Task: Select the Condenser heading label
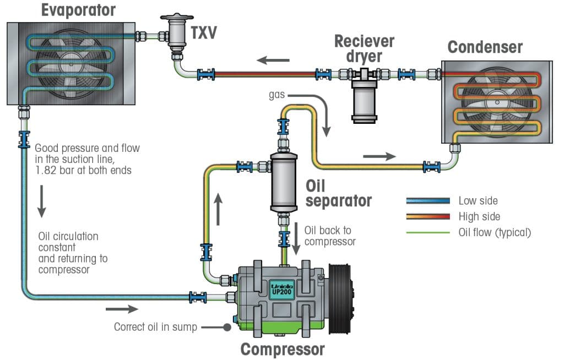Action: (485, 47)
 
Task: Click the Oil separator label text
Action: (338, 192)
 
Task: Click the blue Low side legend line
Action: (427, 201)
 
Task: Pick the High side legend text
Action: (479, 216)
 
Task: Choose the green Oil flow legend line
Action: (427, 232)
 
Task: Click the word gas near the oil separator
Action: (276, 95)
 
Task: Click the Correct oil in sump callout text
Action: (155, 327)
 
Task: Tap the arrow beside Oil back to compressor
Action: (295, 239)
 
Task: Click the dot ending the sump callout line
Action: (226, 327)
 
